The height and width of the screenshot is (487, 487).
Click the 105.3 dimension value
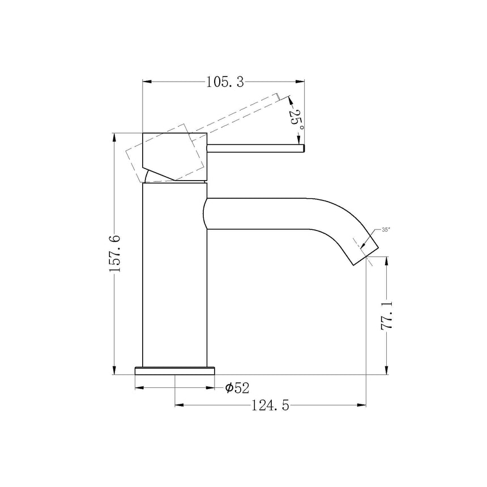(x=224, y=83)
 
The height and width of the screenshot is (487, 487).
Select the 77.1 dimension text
(x=387, y=316)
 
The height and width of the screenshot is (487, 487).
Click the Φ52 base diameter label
(x=237, y=388)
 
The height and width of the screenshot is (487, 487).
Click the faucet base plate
(x=175, y=371)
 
